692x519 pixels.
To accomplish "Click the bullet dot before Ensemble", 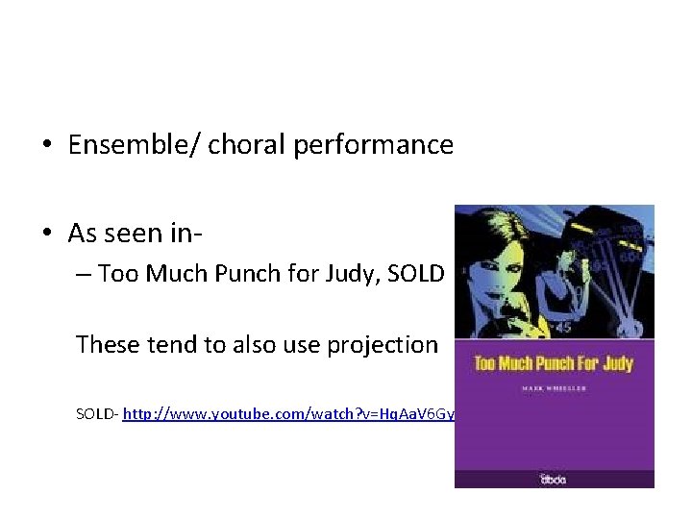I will click(46, 146).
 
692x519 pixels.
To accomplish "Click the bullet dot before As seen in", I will click(46, 234).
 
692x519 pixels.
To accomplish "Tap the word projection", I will click(382, 344).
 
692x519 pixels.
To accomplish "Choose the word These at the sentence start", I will click(107, 344).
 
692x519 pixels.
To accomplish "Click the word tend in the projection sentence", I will click(168, 344).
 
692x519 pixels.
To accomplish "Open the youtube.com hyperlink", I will click(288, 413).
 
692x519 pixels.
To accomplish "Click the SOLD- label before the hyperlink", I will click(96, 413).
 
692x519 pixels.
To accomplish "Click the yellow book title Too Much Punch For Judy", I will click(554, 364).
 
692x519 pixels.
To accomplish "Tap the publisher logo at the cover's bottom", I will click(554, 478).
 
